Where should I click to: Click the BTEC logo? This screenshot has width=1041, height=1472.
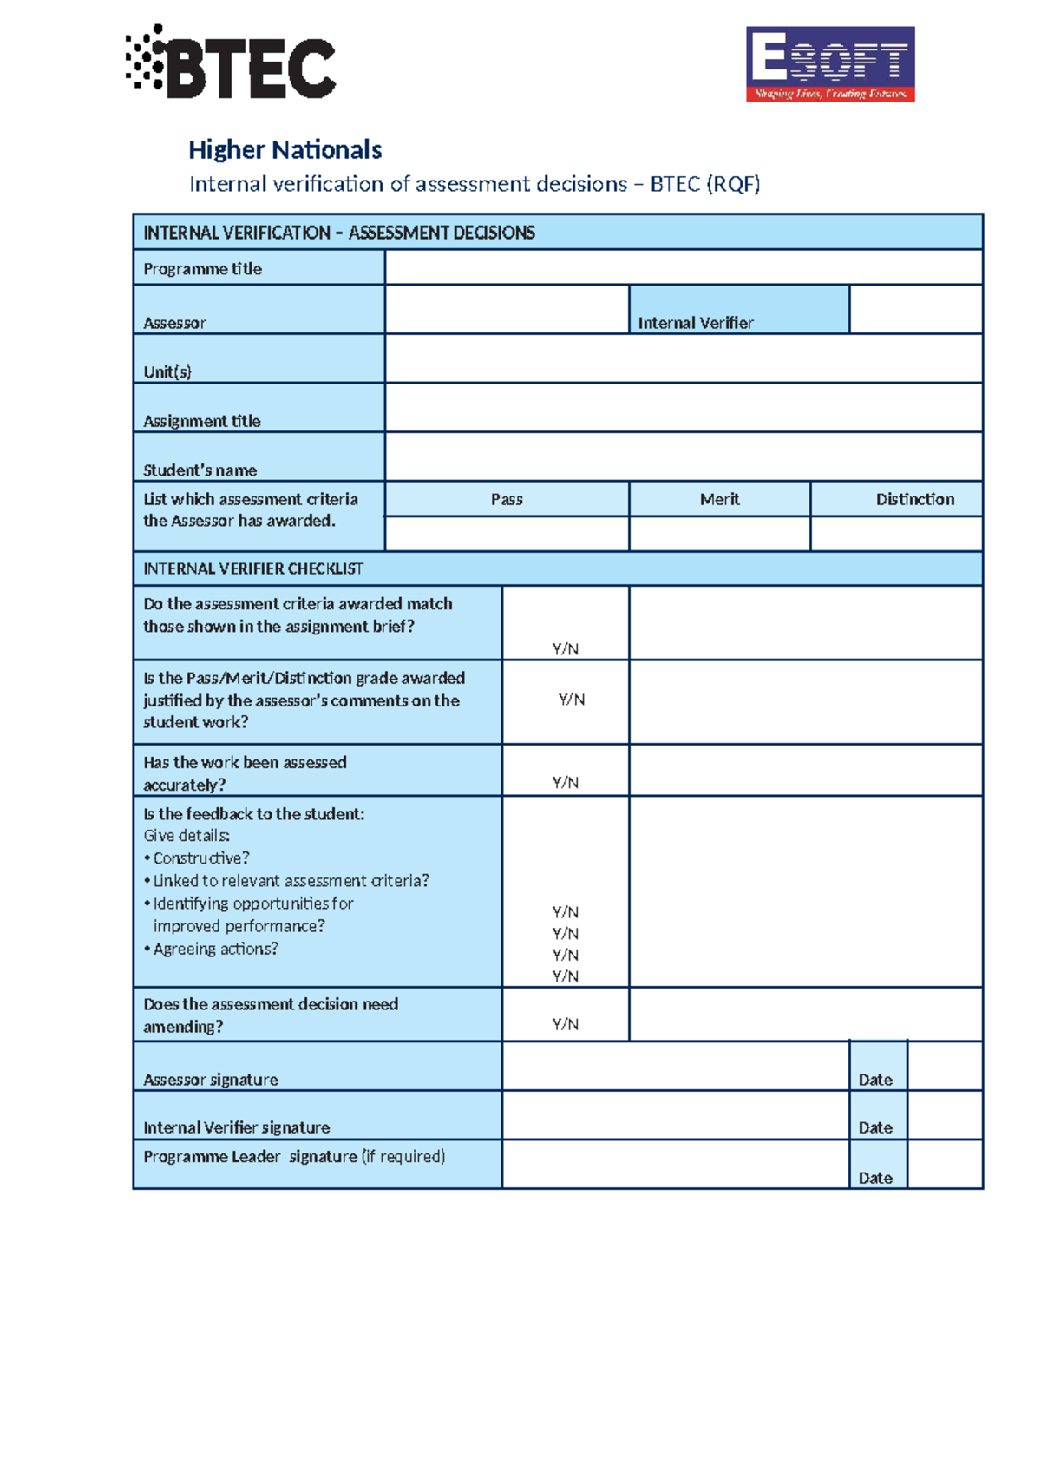coord(231,62)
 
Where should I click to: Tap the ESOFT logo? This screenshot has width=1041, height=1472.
coord(830,64)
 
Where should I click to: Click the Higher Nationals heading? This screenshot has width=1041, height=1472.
coord(285,150)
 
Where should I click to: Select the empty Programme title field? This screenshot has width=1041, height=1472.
coord(684,267)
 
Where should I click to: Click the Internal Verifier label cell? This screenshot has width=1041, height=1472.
coord(739,311)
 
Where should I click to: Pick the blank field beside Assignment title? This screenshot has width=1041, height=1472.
coord(684,408)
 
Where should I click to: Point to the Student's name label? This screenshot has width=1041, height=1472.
coord(200,470)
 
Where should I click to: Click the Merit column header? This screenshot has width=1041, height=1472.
coord(719,499)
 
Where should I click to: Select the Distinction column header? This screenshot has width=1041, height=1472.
coord(914,499)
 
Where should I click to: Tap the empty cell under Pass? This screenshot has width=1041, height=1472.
coord(507,534)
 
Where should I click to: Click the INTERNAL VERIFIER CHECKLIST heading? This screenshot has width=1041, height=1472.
coord(253,568)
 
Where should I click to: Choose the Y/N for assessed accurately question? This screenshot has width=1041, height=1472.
coord(565,782)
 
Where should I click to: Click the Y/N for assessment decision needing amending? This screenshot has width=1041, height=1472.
coord(565,1024)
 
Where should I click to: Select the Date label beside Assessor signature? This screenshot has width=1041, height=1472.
coord(874,1079)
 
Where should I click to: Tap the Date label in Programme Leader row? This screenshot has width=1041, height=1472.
coord(874,1178)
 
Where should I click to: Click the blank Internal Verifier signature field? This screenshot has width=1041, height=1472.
coord(675,1115)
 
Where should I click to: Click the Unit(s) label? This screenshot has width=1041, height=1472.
coord(167,371)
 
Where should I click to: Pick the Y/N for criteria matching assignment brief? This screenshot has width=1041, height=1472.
coord(565,648)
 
